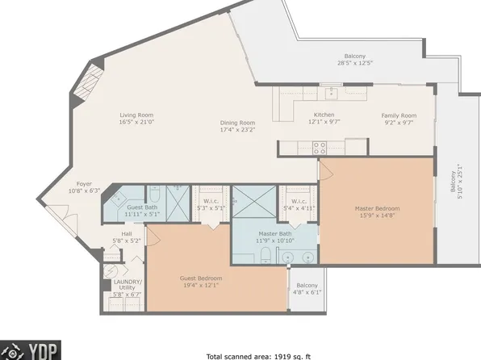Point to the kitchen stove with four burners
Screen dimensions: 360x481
coord(319,147)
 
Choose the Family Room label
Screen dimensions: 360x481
coord(399,115)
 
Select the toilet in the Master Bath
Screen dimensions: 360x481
coord(265,256)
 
